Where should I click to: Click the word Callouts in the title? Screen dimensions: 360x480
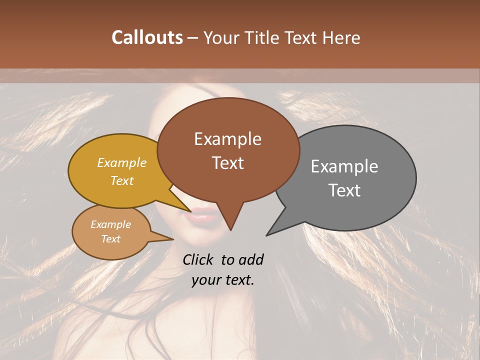pyautogui.click(x=147, y=37)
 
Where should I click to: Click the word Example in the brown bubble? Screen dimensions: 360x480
pyautogui.click(x=227, y=139)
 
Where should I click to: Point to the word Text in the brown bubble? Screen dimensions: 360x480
pyautogui.click(x=227, y=163)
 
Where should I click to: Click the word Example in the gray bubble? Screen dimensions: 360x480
pyautogui.click(x=344, y=166)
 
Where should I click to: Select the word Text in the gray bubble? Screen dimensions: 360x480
pyautogui.click(x=344, y=190)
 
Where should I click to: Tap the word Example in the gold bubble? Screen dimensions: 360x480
pyautogui.click(x=122, y=163)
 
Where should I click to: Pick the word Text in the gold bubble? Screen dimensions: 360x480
pyautogui.click(x=122, y=180)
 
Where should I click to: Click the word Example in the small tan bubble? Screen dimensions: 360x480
pyautogui.click(x=111, y=224)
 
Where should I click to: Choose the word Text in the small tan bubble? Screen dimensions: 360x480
pyautogui.click(x=111, y=239)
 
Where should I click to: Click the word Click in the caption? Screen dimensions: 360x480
pyautogui.click(x=198, y=259)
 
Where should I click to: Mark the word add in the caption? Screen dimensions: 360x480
pyautogui.click(x=251, y=259)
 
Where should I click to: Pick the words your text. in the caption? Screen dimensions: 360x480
pyautogui.click(x=223, y=280)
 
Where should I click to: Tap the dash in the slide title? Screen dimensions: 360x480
pyautogui.click(x=193, y=38)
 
